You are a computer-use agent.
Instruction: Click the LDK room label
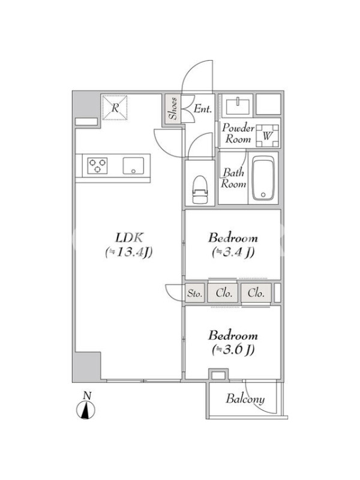click(x=129, y=238)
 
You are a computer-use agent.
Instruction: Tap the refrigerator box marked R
click(x=115, y=108)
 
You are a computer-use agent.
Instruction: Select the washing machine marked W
click(x=267, y=136)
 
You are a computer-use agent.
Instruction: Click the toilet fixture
click(x=200, y=190)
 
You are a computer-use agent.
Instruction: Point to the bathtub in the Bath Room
click(x=263, y=178)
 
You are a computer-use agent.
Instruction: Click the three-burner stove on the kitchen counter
click(x=97, y=166)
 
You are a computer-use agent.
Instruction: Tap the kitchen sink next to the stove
click(x=133, y=166)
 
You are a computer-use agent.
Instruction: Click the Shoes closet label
click(x=173, y=109)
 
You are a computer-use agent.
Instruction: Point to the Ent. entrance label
click(x=203, y=109)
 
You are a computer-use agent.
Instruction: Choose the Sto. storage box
click(x=195, y=293)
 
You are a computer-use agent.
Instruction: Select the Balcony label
click(x=245, y=399)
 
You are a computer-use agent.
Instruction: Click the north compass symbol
click(x=86, y=410)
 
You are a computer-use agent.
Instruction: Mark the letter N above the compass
click(x=88, y=395)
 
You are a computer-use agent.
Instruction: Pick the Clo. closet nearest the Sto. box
click(x=223, y=293)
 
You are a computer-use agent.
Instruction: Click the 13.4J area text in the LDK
click(x=128, y=252)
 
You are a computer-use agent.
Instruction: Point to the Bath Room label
click(x=234, y=178)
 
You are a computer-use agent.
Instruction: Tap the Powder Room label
click(x=238, y=133)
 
